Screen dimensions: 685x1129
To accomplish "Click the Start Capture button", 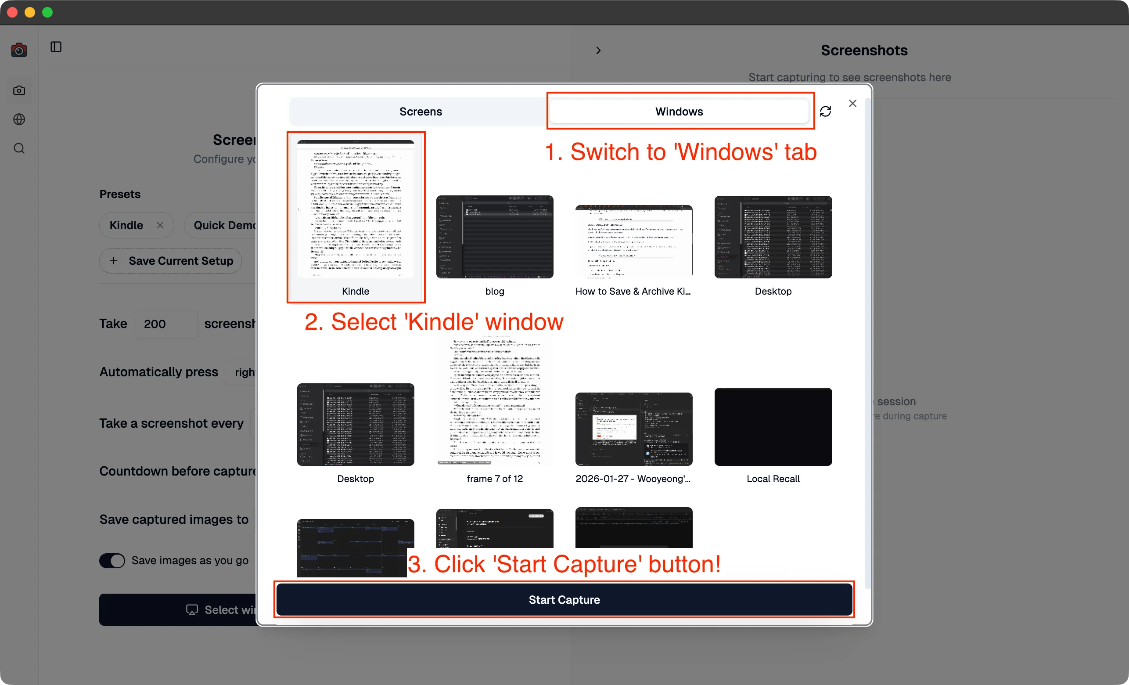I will click(x=564, y=599).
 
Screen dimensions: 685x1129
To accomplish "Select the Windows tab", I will click(x=679, y=112).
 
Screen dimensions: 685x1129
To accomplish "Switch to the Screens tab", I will click(x=420, y=112).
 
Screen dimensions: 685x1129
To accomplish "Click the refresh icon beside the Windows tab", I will click(x=825, y=112).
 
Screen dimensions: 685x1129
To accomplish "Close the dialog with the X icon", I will click(x=852, y=104).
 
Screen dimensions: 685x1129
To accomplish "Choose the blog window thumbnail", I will click(x=494, y=237).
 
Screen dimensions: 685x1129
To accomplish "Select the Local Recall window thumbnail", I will click(x=773, y=427).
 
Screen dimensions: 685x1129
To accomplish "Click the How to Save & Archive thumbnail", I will click(x=634, y=242).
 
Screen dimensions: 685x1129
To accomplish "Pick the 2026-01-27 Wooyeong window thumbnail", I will click(x=634, y=429).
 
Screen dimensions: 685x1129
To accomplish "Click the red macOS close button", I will click(x=12, y=12).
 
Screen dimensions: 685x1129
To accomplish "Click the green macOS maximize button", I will click(x=48, y=12).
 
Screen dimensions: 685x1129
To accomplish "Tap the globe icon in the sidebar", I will click(x=19, y=119).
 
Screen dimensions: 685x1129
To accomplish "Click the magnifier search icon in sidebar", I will click(x=19, y=148).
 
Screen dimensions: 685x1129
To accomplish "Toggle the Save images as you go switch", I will click(x=112, y=560).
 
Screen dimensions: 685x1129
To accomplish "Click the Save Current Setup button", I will click(x=170, y=261).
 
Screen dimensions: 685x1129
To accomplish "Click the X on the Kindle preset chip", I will click(x=160, y=225).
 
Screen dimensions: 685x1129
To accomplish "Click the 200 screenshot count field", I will click(x=165, y=324).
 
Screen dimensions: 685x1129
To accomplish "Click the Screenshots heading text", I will click(x=864, y=50).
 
